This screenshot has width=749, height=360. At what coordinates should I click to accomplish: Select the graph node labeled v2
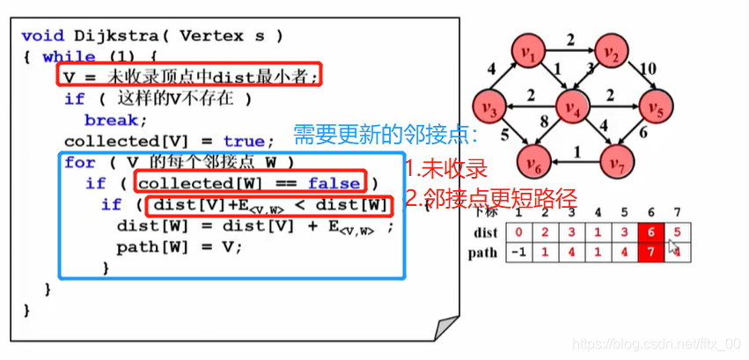point(613,55)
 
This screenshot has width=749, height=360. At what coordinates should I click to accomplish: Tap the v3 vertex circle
point(489,108)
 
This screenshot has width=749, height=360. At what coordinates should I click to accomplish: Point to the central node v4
point(573,108)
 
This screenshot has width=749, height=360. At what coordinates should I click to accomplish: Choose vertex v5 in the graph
point(652,108)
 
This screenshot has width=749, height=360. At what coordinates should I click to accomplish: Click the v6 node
point(532,162)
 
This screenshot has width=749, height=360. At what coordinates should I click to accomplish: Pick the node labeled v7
point(616,162)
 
